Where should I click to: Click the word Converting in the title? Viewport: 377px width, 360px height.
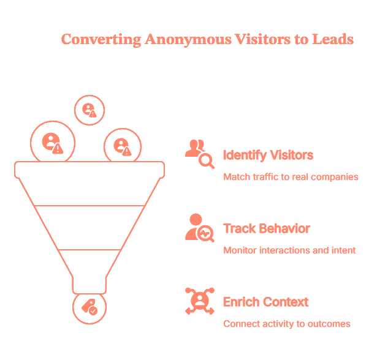point(101,40)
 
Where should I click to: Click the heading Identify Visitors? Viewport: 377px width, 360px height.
point(268,155)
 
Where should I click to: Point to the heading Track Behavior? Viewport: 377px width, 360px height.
point(267,228)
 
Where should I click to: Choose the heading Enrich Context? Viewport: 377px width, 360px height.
point(265,302)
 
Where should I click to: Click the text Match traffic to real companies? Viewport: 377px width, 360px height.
point(291,177)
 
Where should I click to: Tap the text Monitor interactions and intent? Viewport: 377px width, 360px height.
point(289,250)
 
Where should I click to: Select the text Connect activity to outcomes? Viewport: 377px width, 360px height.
point(287,324)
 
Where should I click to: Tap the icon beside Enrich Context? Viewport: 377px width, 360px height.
point(199,301)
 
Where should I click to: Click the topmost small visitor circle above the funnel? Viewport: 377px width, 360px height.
point(90,110)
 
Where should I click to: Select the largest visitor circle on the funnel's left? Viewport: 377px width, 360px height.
point(52,143)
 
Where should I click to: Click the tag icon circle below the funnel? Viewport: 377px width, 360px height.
point(89,308)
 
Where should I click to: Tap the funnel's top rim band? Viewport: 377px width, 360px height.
point(89,169)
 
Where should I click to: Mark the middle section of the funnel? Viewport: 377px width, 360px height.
point(89,228)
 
